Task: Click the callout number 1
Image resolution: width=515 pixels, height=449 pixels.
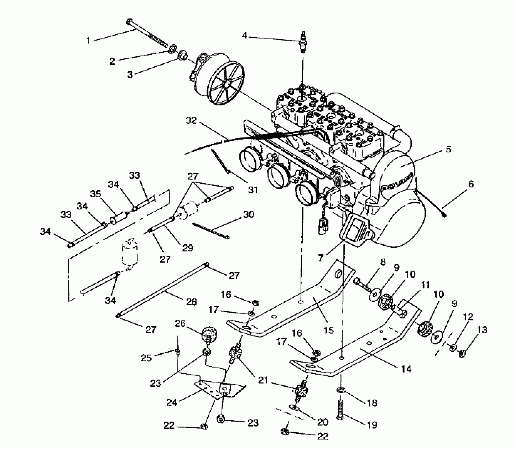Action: coord(88,40)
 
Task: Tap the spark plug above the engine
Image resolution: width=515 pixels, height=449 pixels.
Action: coord(303,43)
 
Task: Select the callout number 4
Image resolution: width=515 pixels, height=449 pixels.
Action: coord(245,35)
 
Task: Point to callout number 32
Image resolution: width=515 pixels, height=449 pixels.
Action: coord(191,120)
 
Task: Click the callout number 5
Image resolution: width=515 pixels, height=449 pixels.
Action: coord(448,149)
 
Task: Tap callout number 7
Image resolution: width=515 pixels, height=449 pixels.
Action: coord(321,258)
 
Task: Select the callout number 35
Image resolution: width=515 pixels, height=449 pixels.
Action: coord(96,194)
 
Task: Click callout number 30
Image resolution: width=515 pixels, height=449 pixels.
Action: coord(248,214)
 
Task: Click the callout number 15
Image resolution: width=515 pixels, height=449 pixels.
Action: coord(329,330)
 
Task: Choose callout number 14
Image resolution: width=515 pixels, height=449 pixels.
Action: coord(406,369)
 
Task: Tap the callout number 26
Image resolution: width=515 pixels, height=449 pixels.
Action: coord(180,324)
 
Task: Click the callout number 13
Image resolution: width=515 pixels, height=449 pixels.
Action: coord(482,330)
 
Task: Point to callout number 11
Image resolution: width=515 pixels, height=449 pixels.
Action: coord(425,285)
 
